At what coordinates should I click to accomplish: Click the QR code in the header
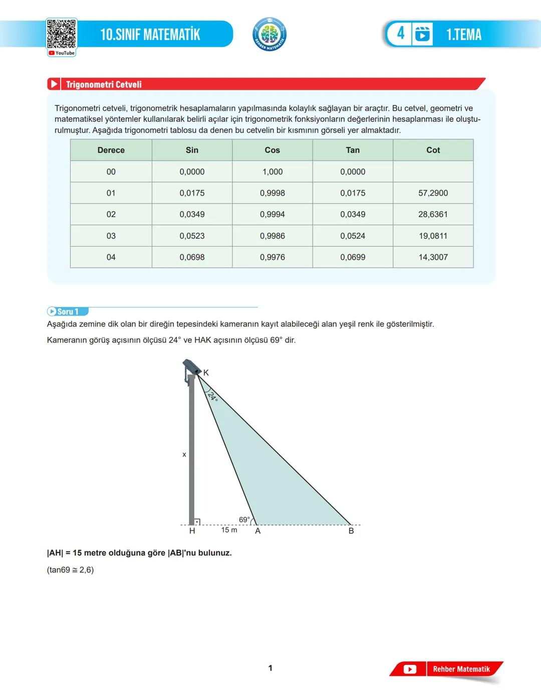(x=62, y=34)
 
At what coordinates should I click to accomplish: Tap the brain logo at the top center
(x=269, y=34)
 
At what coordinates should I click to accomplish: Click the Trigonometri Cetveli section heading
(x=104, y=84)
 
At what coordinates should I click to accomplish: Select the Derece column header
(x=111, y=150)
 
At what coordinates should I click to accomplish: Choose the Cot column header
(x=433, y=150)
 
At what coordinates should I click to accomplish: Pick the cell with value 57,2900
(x=433, y=193)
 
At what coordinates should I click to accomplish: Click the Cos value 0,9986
(x=272, y=236)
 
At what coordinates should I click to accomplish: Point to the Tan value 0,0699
(x=353, y=257)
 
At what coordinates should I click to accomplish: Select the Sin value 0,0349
(x=192, y=214)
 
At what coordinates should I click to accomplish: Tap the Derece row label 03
(x=111, y=236)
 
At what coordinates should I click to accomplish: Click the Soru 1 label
(x=68, y=311)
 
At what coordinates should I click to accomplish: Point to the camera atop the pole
(x=191, y=368)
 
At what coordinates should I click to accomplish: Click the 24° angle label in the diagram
(x=213, y=396)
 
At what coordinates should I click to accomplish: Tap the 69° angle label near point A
(x=244, y=519)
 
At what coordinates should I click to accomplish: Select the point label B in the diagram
(x=351, y=531)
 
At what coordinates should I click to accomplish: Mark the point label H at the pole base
(x=192, y=531)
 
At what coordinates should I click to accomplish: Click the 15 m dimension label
(x=229, y=530)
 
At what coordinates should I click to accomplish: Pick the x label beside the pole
(x=184, y=455)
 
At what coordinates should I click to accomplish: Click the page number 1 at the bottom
(x=270, y=668)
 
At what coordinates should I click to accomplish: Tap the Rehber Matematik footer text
(x=461, y=669)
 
